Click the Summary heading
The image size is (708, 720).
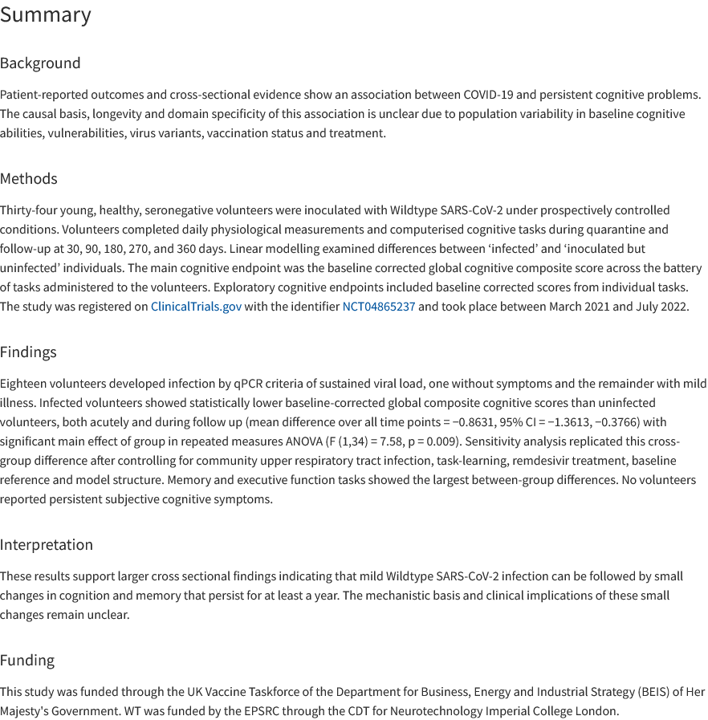point(46,15)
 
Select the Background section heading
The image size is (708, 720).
point(40,63)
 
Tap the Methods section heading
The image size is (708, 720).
point(29,178)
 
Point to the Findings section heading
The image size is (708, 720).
point(28,352)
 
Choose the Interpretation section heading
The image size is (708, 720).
point(47,544)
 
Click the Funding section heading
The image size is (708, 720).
point(27,660)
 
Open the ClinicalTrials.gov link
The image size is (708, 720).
point(196,307)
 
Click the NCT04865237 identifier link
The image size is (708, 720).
point(379,307)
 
